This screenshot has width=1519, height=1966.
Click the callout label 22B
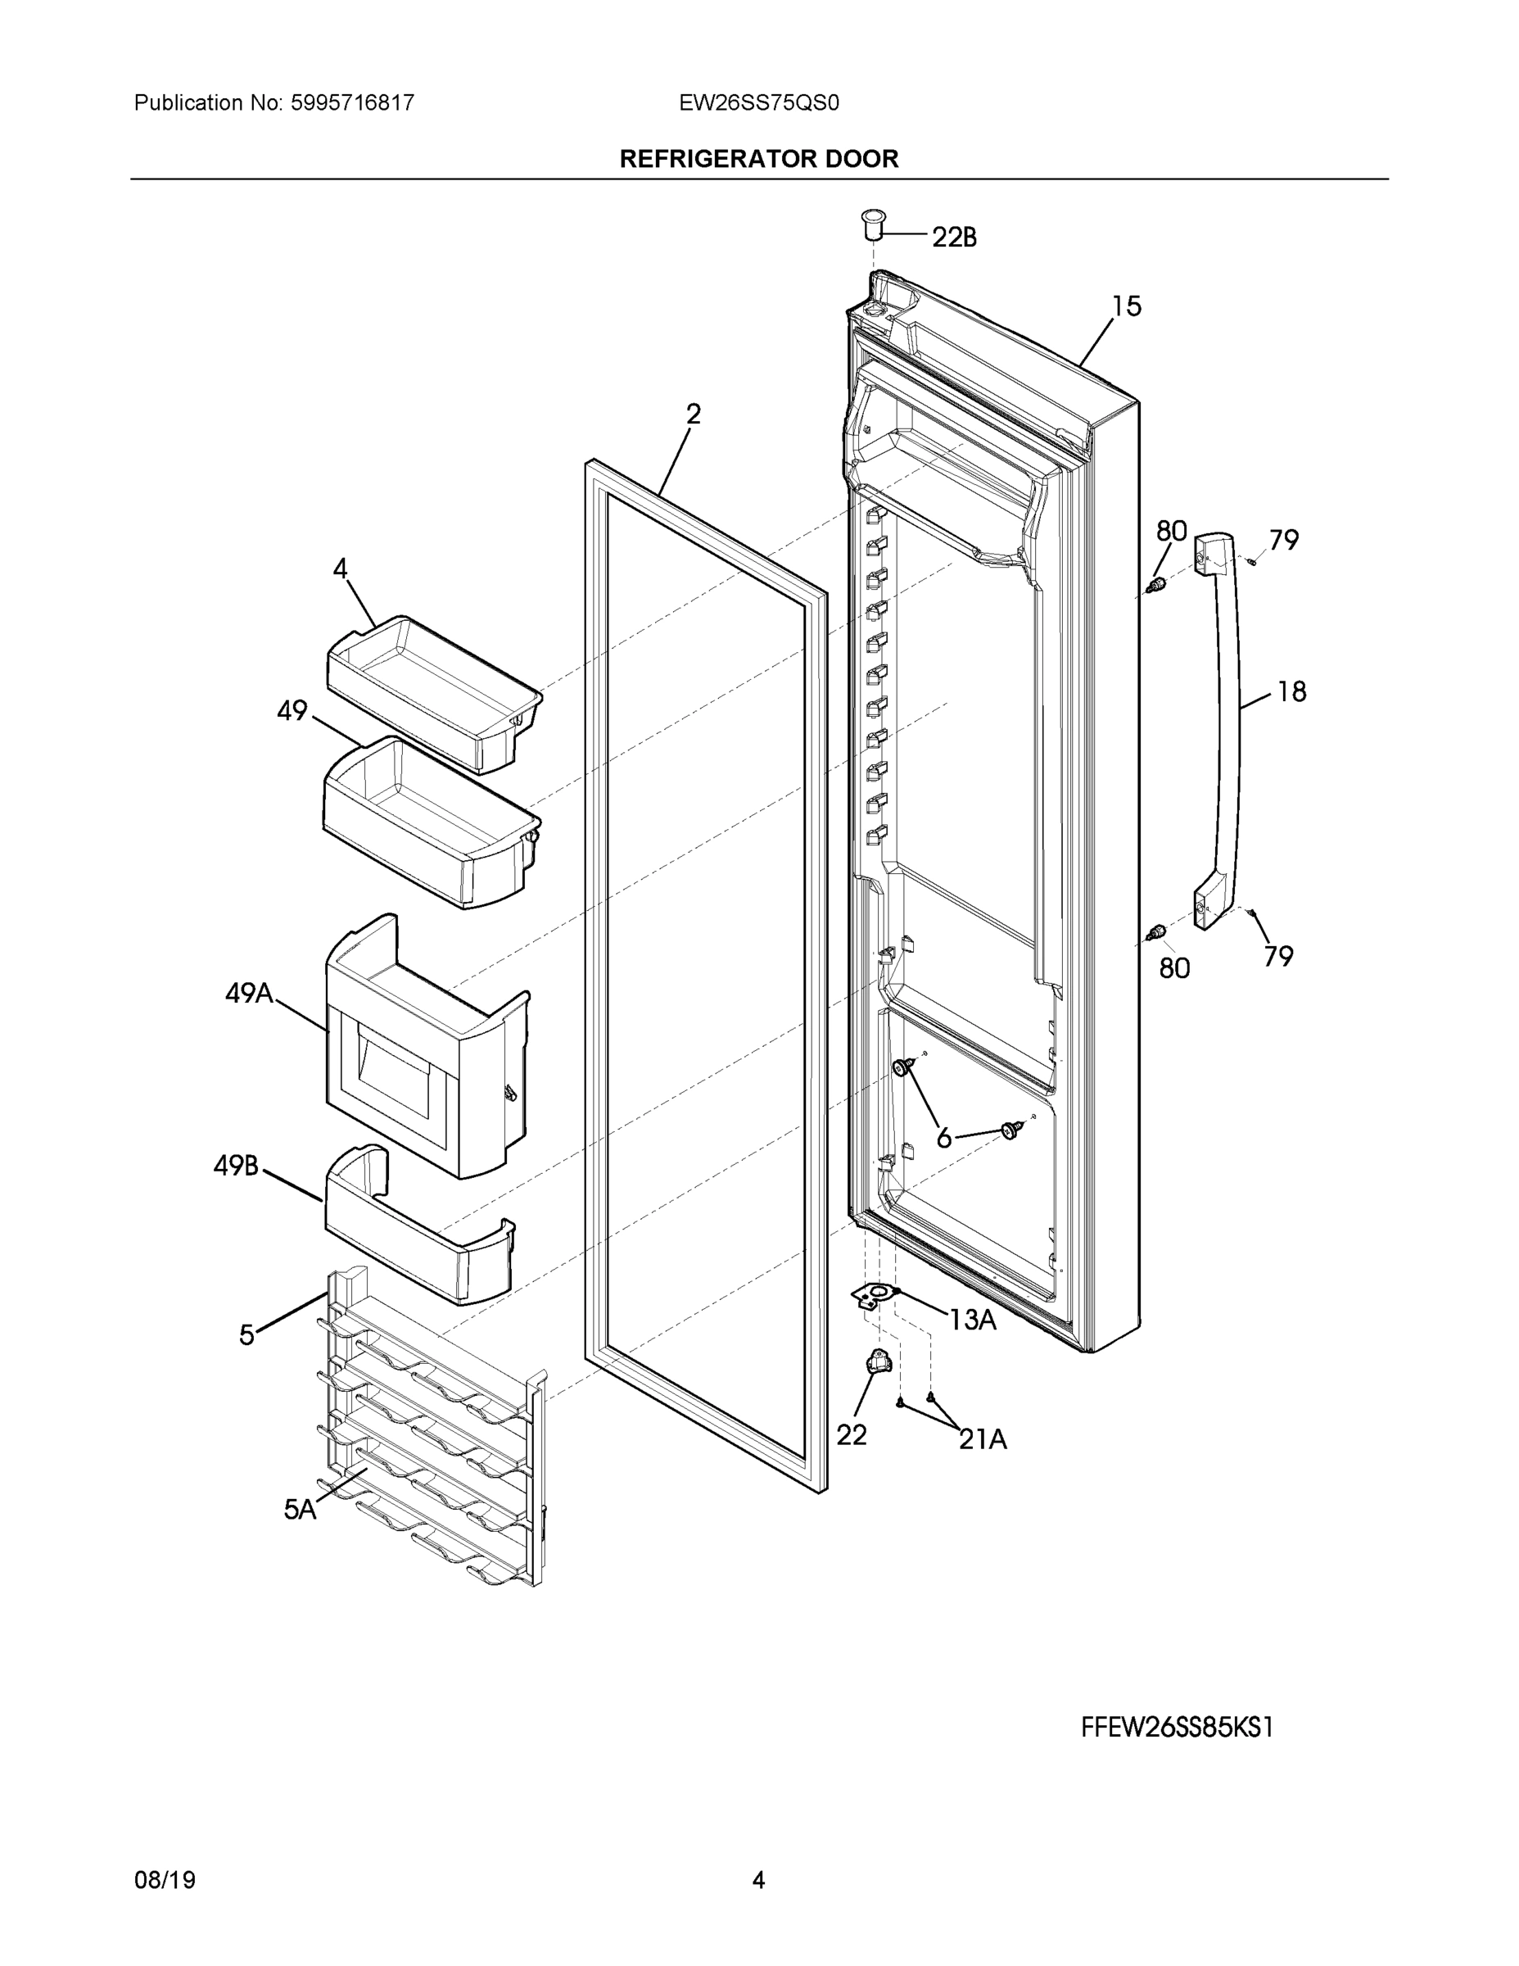pos(954,238)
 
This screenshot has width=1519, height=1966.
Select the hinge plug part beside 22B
pos(873,224)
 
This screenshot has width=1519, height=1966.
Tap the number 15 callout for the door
pos(1126,307)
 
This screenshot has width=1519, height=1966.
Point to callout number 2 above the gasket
pos(693,414)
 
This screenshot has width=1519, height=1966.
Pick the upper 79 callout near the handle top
pos(1284,540)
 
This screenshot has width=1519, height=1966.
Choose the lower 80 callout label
pos(1174,968)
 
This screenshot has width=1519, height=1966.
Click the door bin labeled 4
pos(432,693)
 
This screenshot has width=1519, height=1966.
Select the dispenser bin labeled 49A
pos(423,1053)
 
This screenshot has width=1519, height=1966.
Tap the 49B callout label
pos(236,1166)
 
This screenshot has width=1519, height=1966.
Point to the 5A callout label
pos(300,1510)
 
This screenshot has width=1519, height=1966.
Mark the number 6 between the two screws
pos(943,1139)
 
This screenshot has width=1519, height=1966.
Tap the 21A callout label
pos(983,1440)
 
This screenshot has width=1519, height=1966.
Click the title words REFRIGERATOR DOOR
pos(758,160)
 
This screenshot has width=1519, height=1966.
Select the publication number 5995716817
pos(352,103)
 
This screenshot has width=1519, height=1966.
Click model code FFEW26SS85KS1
pos(1177,1728)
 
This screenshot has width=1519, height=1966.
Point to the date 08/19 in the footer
pos(165,1880)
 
